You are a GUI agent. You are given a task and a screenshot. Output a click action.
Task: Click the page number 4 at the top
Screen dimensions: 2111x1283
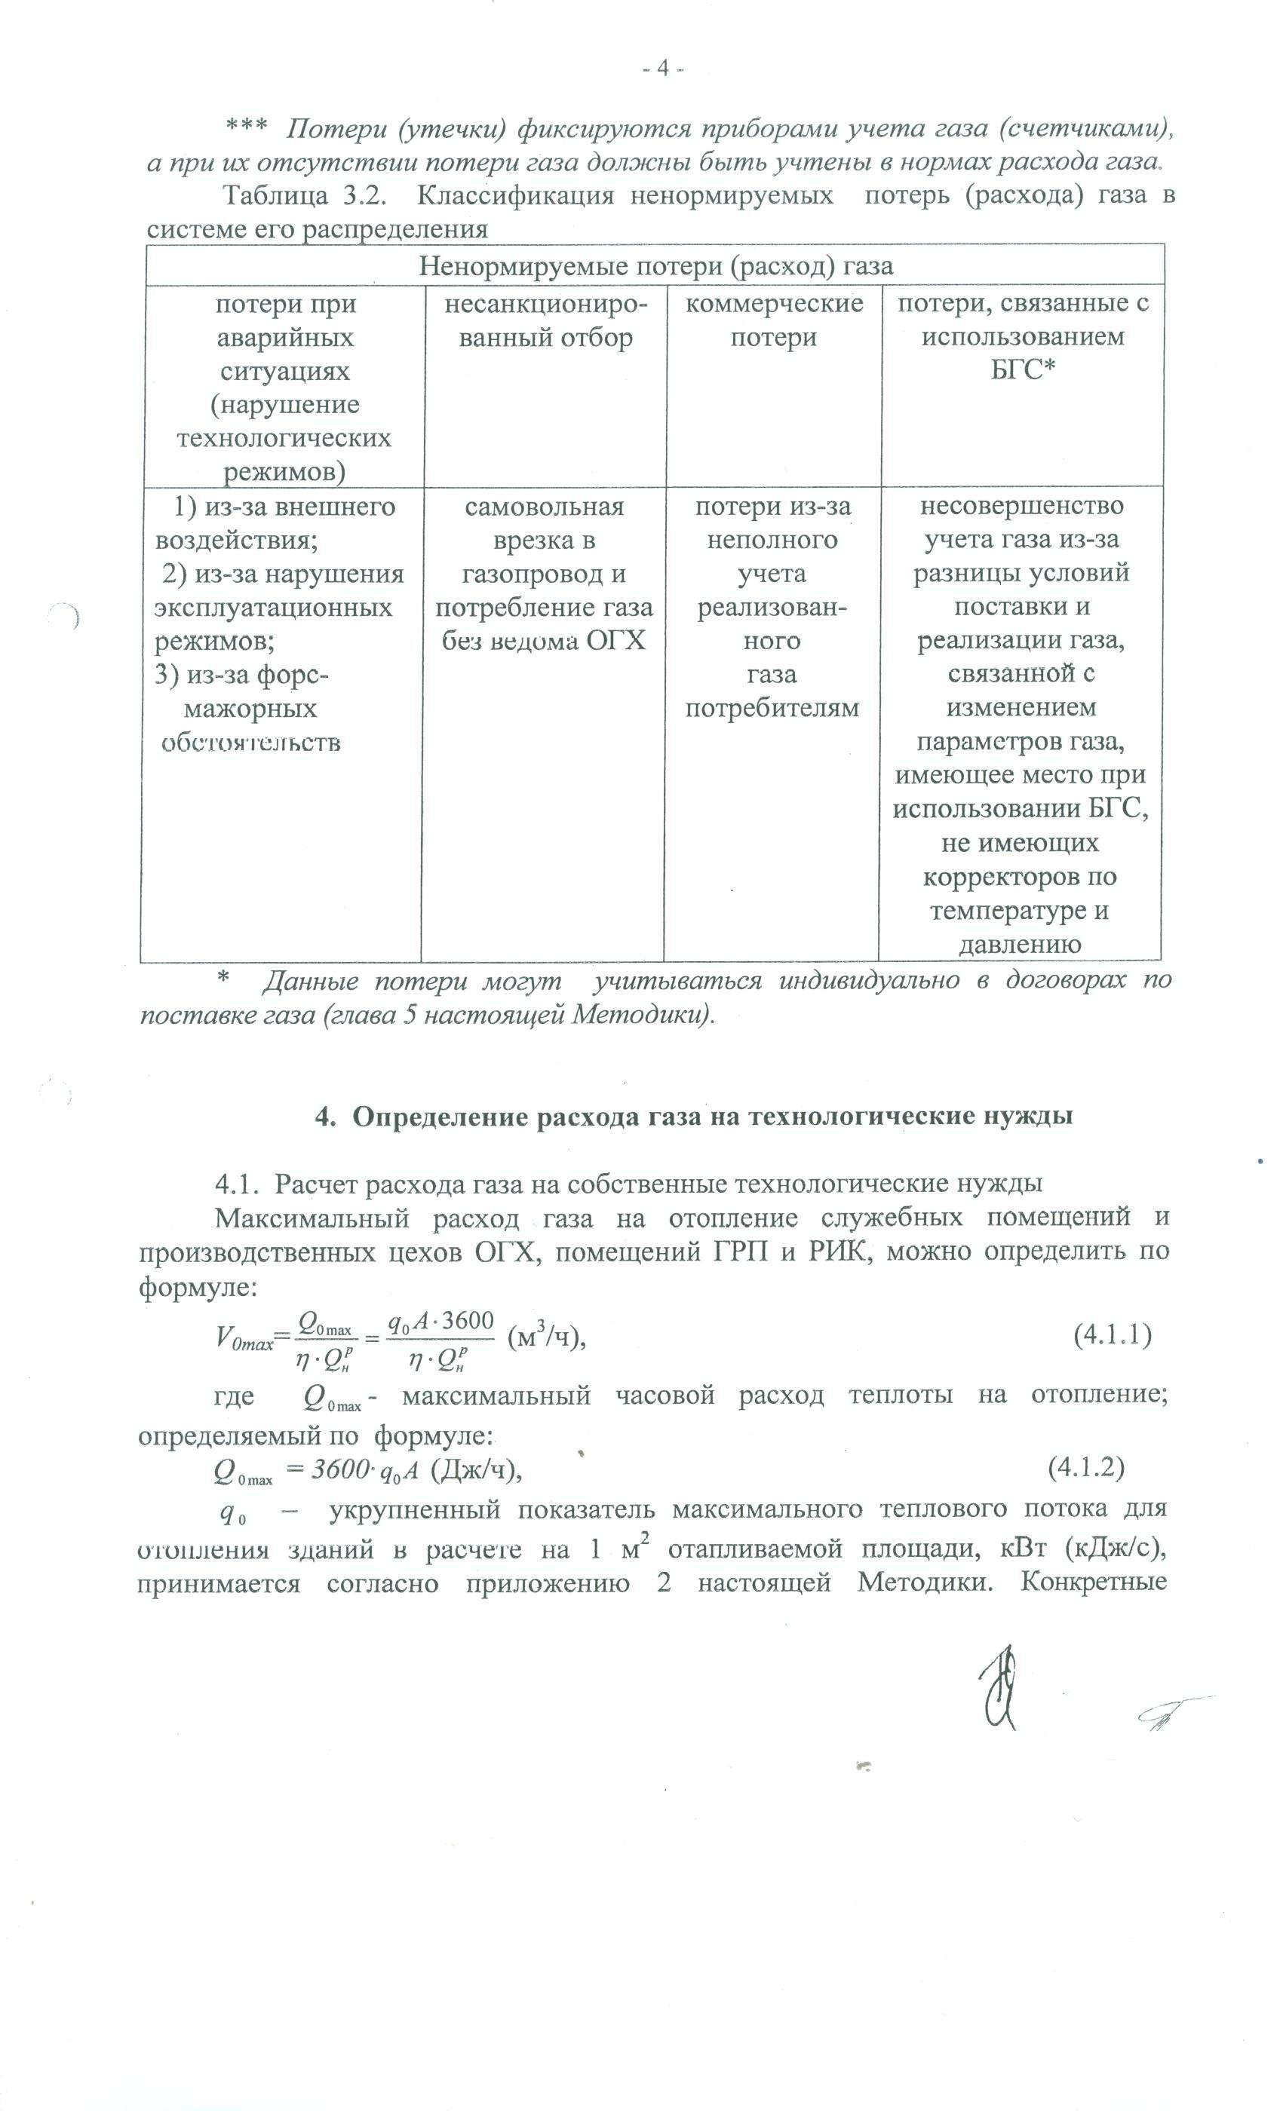click(x=661, y=69)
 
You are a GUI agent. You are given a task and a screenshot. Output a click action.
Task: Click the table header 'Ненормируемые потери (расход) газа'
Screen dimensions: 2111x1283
click(x=655, y=265)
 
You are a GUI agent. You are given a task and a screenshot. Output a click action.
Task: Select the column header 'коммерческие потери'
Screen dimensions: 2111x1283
click(x=774, y=320)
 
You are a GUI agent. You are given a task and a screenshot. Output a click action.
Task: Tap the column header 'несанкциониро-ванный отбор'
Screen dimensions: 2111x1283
click(x=545, y=320)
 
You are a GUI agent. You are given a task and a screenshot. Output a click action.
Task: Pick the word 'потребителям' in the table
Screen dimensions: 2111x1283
click(x=772, y=708)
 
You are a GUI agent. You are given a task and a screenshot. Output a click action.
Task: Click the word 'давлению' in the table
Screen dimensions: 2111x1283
click(x=1019, y=944)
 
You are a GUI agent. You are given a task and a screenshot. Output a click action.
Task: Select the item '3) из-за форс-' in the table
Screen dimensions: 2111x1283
click(x=241, y=675)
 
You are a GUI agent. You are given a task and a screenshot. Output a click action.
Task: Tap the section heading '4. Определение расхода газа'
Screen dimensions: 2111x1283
click(x=694, y=1117)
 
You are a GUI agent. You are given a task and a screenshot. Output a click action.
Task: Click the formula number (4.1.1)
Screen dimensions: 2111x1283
click(x=1112, y=1334)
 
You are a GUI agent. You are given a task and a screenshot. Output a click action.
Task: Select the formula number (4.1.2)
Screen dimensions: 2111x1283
click(x=1086, y=1468)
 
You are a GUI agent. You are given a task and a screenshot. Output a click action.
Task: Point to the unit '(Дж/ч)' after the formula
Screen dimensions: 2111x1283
click(x=477, y=1469)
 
